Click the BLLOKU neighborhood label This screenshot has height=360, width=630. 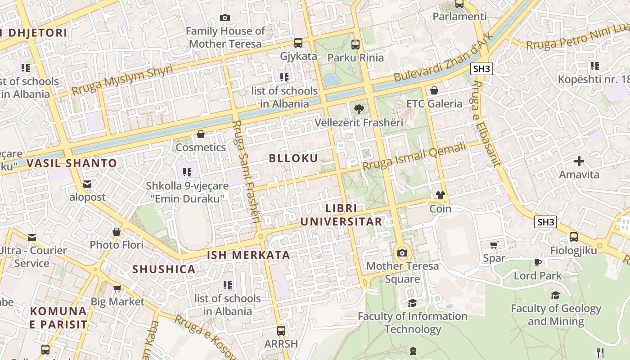(x=293, y=158)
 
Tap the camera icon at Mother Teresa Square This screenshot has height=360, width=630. (x=402, y=253)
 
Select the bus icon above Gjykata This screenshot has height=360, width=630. (x=298, y=43)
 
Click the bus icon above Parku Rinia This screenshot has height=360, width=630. (x=355, y=44)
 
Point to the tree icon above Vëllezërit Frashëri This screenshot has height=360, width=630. (x=359, y=109)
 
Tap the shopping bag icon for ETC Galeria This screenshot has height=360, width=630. (x=434, y=90)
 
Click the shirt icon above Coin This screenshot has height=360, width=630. (x=440, y=195)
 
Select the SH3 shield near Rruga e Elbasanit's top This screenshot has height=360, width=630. (x=481, y=69)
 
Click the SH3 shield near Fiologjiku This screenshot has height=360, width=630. (x=545, y=222)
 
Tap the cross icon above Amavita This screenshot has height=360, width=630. (x=579, y=161)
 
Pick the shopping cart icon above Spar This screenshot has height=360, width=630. (x=494, y=245)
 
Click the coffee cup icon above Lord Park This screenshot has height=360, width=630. (x=537, y=262)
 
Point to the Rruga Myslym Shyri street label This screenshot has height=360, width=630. (x=122, y=80)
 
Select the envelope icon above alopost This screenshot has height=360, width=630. (x=87, y=184)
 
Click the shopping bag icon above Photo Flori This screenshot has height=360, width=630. (x=117, y=232)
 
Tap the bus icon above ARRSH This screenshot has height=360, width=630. (x=281, y=331)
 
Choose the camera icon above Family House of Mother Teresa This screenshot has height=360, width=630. (x=225, y=18)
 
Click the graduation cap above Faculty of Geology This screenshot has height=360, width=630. (x=556, y=295)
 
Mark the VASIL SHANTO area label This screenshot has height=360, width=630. (x=72, y=163)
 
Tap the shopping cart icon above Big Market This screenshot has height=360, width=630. (x=117, y=288)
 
